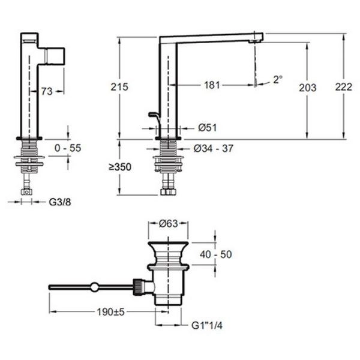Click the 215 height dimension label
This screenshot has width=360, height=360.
pyautogui.click(x=119, y=87)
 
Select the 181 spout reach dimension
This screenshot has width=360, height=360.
pyautogui.click(x=212, y=85)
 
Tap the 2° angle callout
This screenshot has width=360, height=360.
pyautogui.click(x=278, y=80)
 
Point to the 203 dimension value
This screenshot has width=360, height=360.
pyautogui.click(x=308, y=88)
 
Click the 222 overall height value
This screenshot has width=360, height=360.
pyautogui.click(x=344, y=87)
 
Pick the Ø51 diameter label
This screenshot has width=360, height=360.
pyautogui.click(x=208, y=128)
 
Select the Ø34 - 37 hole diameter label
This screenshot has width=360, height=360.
pyautogui.click(x=214, y=149)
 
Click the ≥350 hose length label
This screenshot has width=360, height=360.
pyautogui.click(x=120, y=167)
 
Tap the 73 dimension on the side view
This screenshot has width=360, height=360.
pyautogui.click(x=47, y=91)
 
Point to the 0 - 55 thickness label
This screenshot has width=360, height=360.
pyautogui.click(x=68, y=148)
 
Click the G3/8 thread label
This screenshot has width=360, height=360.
pyautogui.click(x=60, y=202)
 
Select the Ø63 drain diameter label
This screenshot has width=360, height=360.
pyautogui.click(x=169, y=223)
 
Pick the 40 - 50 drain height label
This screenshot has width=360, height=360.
pyautogui.click(x=216, y=254)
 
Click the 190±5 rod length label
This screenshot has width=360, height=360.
pyautogui.click(x=110, y=312)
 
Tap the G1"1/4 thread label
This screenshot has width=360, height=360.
pyautogui.click(x=207, y=326)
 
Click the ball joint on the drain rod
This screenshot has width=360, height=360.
pyautogui.click(x=94, y=287)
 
